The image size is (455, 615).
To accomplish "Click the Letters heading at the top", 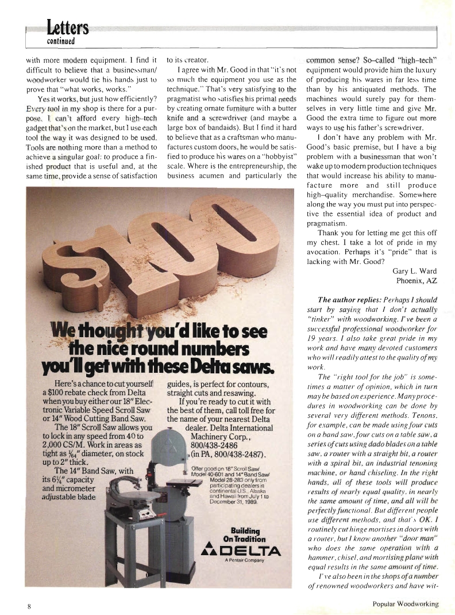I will pos(68,28).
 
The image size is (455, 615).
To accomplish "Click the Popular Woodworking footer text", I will pos(404,603).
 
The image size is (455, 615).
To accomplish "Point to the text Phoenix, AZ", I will pos(417,281).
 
